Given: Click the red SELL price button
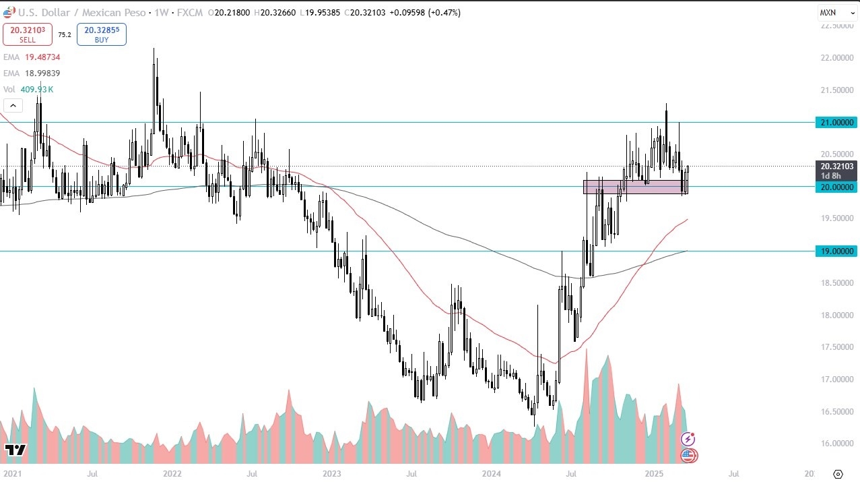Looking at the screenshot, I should [28, 34].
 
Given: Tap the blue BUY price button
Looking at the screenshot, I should [101, 34].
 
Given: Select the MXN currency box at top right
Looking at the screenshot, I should [828, 12].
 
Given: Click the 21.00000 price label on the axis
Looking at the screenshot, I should [836, 122].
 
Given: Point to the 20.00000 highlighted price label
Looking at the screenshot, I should [836, 187].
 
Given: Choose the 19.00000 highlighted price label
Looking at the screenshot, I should [836, 251].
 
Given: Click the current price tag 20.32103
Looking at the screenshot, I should [836, 166].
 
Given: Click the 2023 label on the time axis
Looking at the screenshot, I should [332, 475].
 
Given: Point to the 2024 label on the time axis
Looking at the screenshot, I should [492, 475].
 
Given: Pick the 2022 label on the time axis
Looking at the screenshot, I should [172, 475].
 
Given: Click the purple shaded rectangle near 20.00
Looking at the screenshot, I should [633, 187].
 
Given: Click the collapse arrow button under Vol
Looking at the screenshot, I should [13, 105].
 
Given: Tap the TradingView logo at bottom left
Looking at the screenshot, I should [15, 450].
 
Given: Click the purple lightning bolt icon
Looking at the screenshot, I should [688, 439].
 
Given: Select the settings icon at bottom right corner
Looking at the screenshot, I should [838, 475].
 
